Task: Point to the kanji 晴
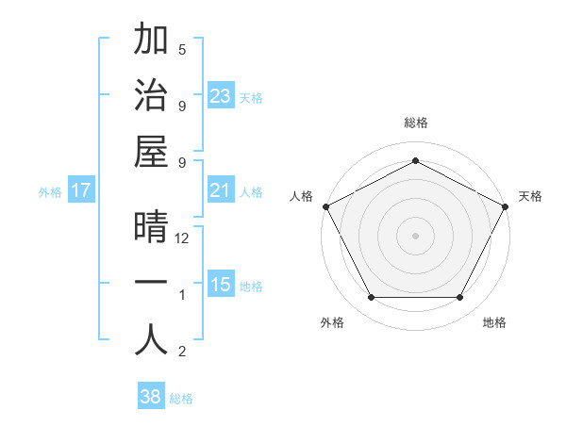click(151, 229)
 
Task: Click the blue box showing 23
click(221, 96)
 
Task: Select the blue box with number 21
click(221, 191)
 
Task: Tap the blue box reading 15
click(221, 286)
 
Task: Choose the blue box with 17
click(81, 191)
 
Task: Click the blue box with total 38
click(151, 397)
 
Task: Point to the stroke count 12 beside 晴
click(182, 239)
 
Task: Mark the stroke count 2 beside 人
click(182, 353)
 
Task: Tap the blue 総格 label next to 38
click(181, 399)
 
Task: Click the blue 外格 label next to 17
click(50, 192)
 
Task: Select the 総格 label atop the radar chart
click(415, 123)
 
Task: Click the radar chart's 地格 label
click(494, 323)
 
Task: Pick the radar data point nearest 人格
click(325, 205)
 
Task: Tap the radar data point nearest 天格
click(506, 205)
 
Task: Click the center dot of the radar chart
click(415, 235)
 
